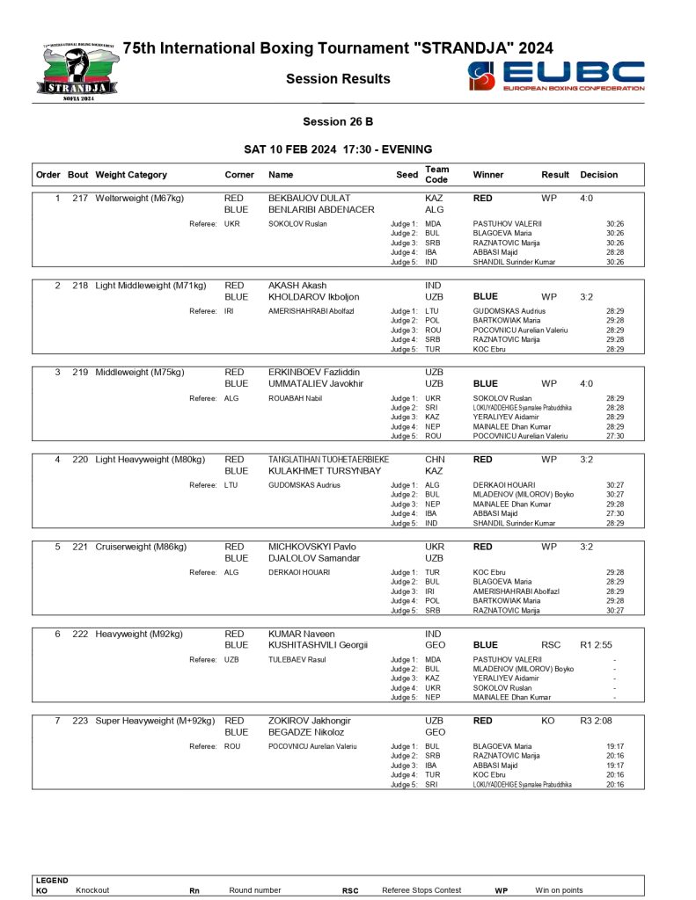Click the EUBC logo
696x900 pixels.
point(556,76)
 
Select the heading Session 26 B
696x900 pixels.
point(337,121)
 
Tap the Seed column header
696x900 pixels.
point(407,175)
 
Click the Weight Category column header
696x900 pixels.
point(130,175)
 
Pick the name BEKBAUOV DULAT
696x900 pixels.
point(308,199)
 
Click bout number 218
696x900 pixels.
point(80,286)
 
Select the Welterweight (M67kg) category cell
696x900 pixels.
point(140,199)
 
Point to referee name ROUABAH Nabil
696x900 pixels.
point(297,398)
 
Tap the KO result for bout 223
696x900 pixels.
point(548,721)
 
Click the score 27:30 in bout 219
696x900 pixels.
point(615,436)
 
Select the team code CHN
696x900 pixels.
point(435,460)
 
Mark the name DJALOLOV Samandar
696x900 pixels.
point(314,558)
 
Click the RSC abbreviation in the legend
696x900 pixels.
point(350,890)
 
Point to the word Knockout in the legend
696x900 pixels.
point(92,890)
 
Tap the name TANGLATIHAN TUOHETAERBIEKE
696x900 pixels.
point(328,460)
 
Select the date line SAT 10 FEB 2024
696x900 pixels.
point(338,149)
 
